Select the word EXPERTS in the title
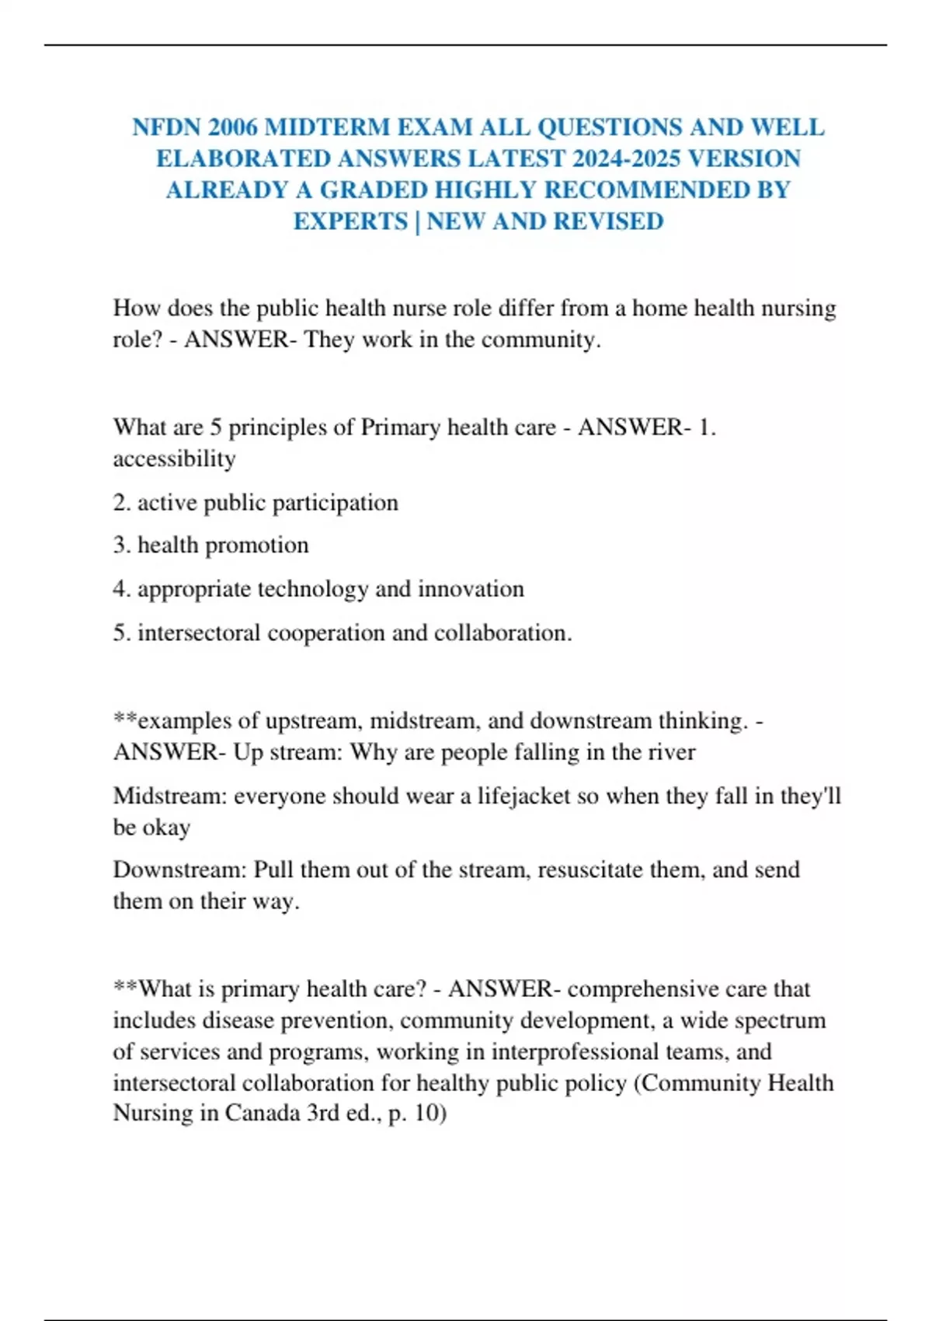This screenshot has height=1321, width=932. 350,221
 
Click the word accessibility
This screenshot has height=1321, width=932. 174,458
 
